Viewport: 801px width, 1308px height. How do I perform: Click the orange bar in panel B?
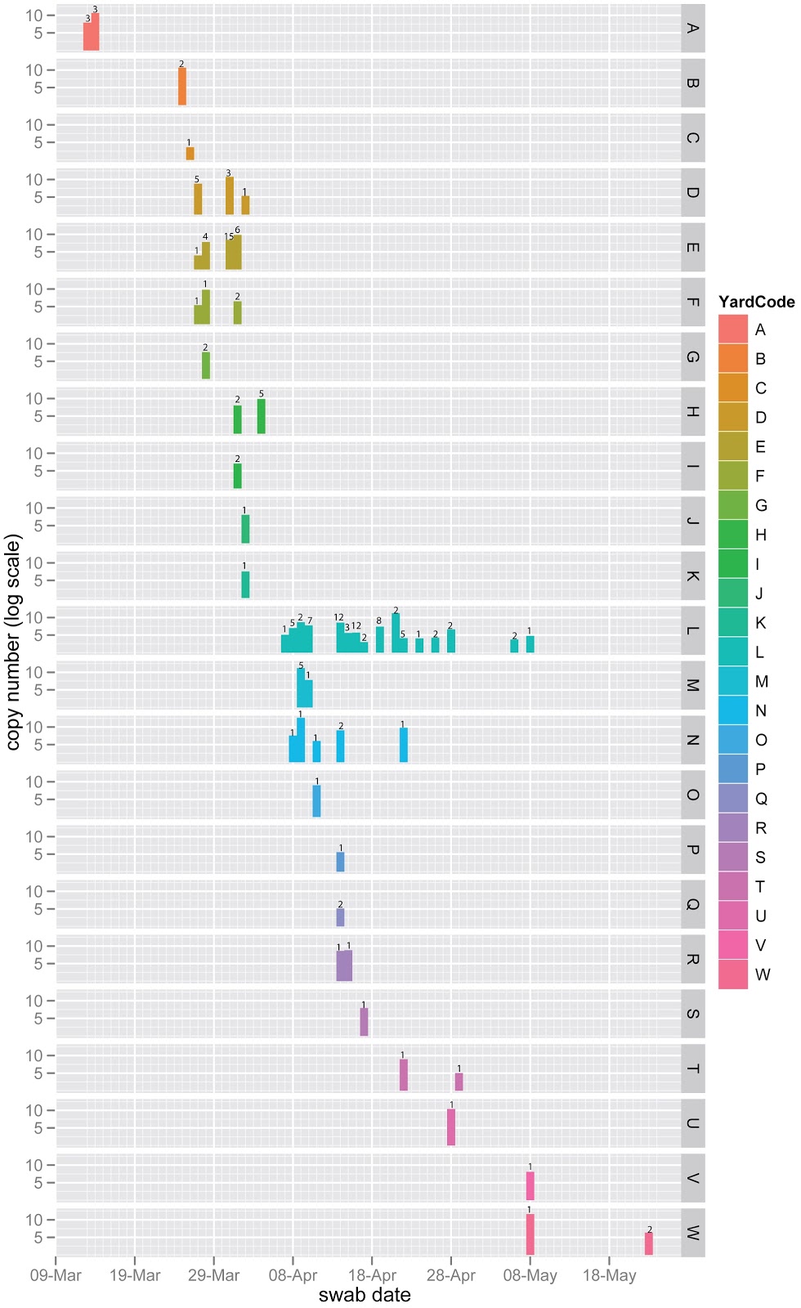click(x=182, y=87)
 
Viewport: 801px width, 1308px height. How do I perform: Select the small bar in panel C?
click(x=190, y=154)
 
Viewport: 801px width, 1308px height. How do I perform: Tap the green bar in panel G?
click(x=206, y=365)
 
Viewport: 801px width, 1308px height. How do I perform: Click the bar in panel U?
click(x=451, y=1127)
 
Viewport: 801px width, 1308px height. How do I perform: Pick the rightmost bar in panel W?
click(x=649, y=1244)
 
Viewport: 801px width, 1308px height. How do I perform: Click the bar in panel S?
click(x=365, y=1023)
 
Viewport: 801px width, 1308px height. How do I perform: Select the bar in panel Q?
click(x=341, y=917)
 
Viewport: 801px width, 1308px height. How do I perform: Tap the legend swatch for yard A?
click(x=733, y=329)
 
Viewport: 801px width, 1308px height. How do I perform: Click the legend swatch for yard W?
click(x=733, y=974)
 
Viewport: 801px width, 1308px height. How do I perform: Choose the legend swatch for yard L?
click(x=733, y=652)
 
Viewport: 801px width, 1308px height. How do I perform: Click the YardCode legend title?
click(x=756, y=302)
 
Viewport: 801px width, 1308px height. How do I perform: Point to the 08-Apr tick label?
click(x=293, y=1275)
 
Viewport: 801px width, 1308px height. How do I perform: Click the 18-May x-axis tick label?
click(x=609, y=1275)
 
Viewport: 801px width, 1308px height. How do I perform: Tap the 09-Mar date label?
click(x=56, y=1275)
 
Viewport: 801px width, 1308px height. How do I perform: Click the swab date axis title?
click(x=365, y=1295)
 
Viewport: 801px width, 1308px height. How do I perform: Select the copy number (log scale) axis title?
click(x=12, y=642)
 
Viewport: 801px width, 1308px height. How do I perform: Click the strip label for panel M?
click(x=692, y=685)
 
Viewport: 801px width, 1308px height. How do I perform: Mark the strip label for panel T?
click(x=692, y=1068)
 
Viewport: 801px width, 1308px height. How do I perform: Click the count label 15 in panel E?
click(x=229, y=237)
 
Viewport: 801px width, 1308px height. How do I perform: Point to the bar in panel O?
click(x=317, y=801)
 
